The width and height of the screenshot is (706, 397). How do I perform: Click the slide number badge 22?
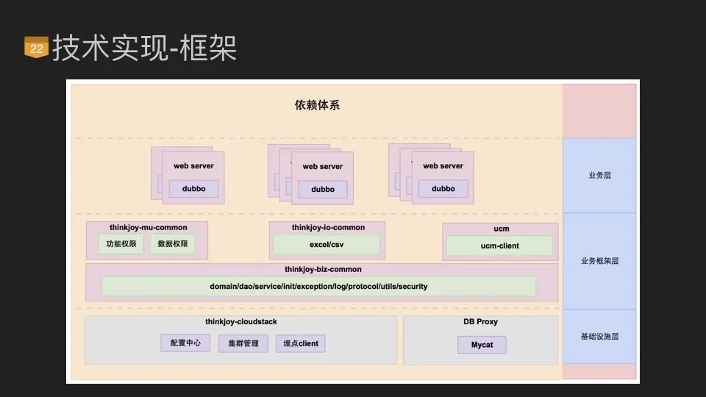point(36,48)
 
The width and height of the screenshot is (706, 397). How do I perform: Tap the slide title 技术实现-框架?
point(144,48)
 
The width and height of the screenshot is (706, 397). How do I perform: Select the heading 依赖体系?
point(317,105)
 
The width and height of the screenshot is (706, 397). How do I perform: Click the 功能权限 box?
point(121,244)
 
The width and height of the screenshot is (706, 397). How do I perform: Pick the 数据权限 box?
point(173,244)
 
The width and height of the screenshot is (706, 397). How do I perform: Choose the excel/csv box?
point(326,244)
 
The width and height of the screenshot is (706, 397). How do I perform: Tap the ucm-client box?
point(499,246)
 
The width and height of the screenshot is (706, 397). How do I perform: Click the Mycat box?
point(482,344)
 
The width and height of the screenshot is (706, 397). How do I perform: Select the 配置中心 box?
point(185,343)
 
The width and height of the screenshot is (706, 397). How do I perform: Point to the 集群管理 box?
point(243,343)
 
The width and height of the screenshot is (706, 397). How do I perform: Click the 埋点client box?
point(301,343)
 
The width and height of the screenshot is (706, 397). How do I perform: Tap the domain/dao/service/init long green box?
point(318,286)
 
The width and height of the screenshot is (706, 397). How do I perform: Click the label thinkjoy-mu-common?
point(148,227)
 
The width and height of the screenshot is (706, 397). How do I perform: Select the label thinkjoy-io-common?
point(328,227)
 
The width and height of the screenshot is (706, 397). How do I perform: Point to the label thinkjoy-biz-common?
point(323,269)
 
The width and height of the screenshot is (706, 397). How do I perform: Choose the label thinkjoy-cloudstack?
point(241,322)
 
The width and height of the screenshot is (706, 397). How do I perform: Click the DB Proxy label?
point(480,322)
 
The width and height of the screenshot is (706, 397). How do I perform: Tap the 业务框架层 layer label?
point(599,261)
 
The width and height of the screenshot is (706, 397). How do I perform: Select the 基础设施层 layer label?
point(599,337)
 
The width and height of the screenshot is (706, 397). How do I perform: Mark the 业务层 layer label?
point(599,176)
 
